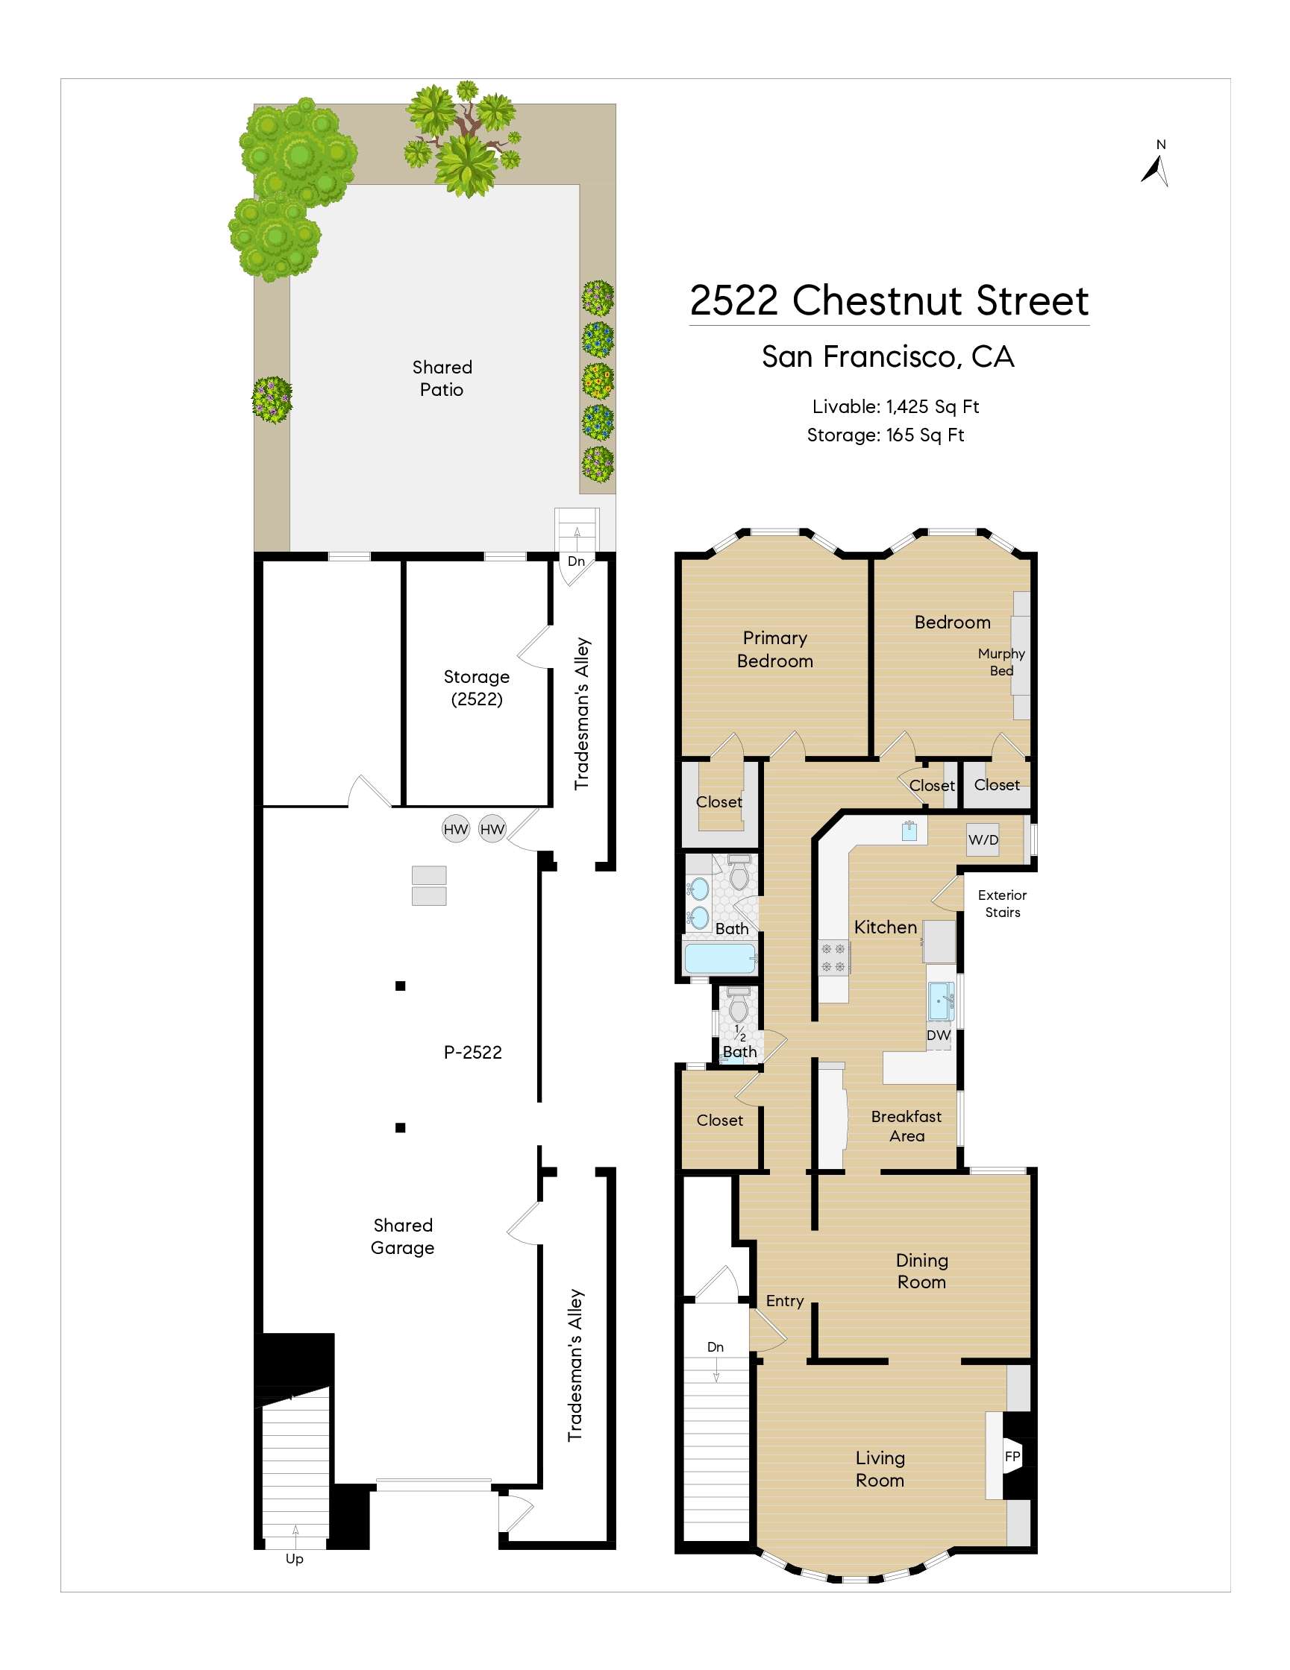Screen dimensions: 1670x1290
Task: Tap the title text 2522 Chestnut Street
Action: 889,300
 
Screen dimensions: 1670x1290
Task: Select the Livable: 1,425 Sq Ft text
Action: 895,407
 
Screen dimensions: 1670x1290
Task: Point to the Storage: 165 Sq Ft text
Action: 886,435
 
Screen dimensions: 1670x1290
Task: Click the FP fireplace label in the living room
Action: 1012,1457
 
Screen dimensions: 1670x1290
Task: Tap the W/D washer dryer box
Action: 983,839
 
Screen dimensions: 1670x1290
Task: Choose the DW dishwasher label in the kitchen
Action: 938,1036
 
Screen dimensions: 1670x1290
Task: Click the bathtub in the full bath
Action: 719,958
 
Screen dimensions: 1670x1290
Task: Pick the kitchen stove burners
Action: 833,957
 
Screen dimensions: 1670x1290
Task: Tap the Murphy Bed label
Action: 1001,662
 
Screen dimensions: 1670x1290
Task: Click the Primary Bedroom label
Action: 774,649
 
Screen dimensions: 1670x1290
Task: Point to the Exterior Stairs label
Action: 1002,903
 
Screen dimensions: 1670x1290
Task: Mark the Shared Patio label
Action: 442,379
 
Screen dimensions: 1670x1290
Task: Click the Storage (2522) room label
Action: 476,687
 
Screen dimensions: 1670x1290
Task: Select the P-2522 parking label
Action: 473,1052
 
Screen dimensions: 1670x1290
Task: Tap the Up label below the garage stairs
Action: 295,1558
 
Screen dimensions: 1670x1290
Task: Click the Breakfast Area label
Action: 907,1127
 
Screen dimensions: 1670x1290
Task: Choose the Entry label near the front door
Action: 784,1301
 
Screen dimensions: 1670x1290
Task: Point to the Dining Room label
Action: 921,1271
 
